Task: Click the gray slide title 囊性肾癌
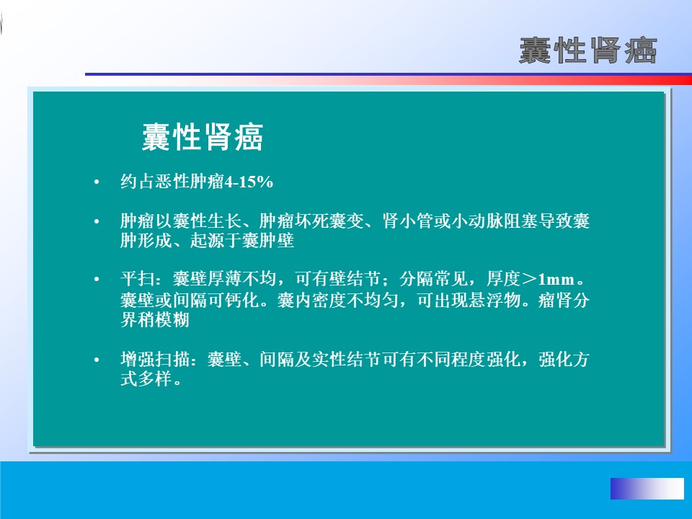tap(588, 50)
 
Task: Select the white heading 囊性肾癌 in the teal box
tap(203, 137)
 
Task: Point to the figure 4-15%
tap(249, 182)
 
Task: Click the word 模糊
tap(172, 320)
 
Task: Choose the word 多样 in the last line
tap(155, 378)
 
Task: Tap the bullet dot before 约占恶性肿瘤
tap(97, 182)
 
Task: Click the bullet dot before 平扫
tap(97, 280)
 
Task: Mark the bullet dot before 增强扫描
tap(97, 360)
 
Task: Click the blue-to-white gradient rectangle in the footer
tap(647, 489)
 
